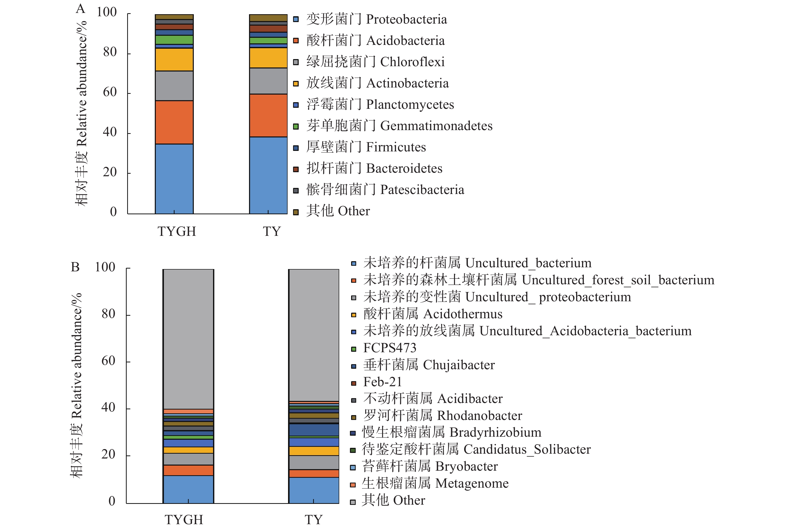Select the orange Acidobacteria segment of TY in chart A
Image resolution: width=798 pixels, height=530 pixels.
pyautogui.click(x=268, y=115)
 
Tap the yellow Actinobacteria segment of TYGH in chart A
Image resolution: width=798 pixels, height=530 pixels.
pyautogui.click(x=174, y=60)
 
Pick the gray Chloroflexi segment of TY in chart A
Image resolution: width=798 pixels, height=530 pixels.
pyautogui.click(x=268, y=81)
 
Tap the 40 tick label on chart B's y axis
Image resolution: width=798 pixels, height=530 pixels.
pyautogui.click(x=108, y=407)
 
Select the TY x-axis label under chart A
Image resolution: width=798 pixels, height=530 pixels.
pyautogui.click(x=272, y=232)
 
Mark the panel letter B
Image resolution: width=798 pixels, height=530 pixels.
pyautogui.click(x=75, y=267)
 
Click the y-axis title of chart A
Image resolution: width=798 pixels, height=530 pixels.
pyautogui.click(x=82, y=113)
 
